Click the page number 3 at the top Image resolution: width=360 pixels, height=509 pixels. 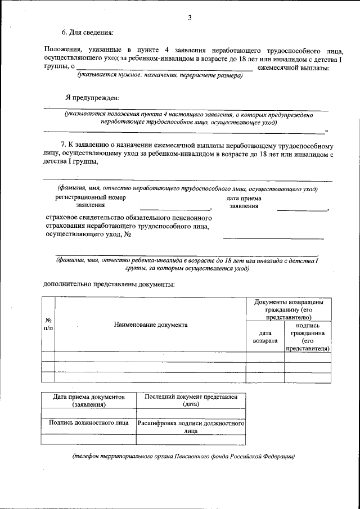(x=190, y=18)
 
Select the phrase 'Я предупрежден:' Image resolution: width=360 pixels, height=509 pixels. (x=92, y=97)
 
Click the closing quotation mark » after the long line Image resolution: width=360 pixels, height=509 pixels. (x=326, y=130)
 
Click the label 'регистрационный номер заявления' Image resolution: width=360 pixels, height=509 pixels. (x=90, y=202)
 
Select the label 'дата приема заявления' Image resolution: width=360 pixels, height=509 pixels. (x=244, y=202)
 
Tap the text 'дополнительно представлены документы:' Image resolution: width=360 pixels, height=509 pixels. (x=109, y=284)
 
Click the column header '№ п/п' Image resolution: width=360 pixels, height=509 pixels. (x=48, y=324)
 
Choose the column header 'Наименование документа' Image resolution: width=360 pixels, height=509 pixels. (x=150, y=325)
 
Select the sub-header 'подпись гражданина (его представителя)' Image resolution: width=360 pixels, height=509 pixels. (x=307, y=336)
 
